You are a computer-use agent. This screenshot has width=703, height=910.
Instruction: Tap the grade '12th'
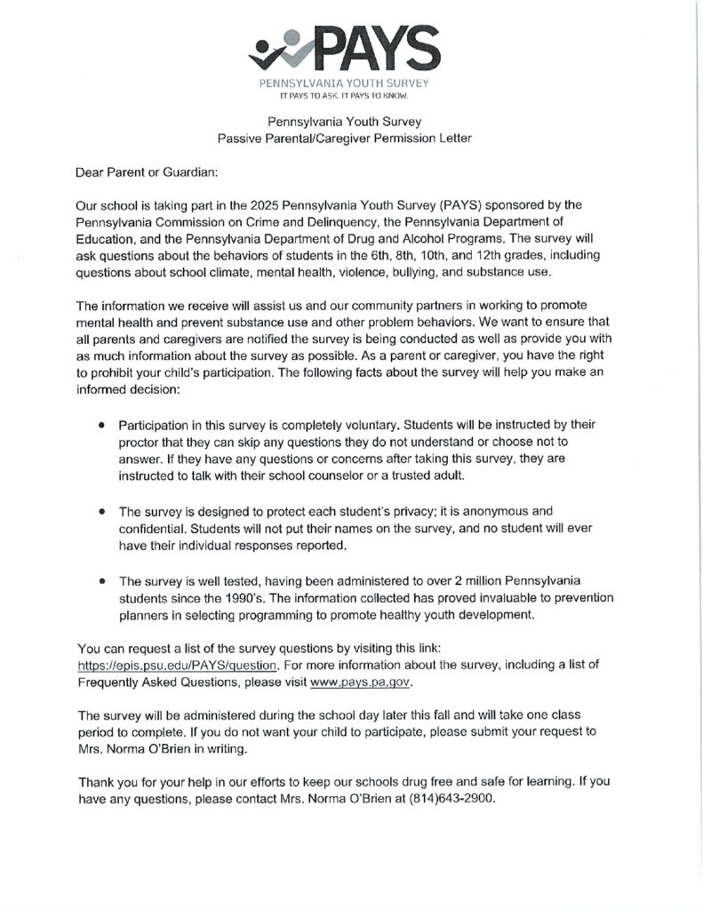pos(497,255)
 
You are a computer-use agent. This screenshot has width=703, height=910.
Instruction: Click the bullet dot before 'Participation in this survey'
pos(103,426)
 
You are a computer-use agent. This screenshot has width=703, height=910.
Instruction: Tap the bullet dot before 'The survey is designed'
pos(103,511)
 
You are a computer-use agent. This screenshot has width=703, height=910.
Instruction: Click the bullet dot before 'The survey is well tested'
pos(103,580)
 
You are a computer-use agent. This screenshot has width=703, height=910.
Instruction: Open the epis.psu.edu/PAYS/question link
pos(179,665)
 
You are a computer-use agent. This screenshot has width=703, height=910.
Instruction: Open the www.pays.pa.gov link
pos(361,682)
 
